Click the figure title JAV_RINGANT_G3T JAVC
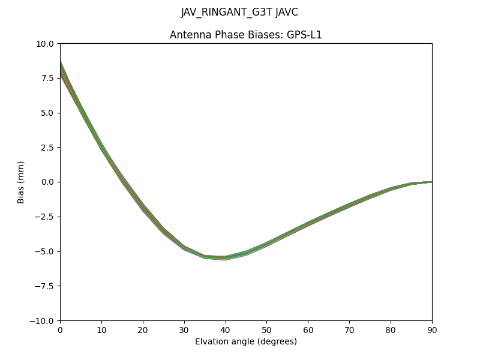239,13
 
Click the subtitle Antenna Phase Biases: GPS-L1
245,35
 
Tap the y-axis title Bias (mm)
21,182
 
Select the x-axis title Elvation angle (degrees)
245,342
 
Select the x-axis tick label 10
101,329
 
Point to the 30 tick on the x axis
184,329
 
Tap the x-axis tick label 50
266,329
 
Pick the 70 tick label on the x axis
349,329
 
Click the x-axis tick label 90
431,329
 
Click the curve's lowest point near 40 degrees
225,257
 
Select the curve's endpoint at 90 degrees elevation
431,182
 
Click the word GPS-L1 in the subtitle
305,35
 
